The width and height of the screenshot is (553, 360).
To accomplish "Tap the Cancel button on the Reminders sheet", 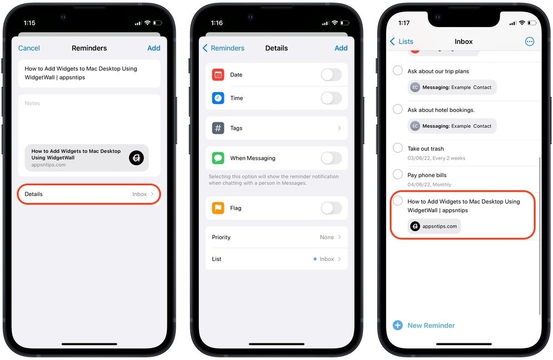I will [x=29, y=48].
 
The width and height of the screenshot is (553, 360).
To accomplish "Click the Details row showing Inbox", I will [x=89, y=194].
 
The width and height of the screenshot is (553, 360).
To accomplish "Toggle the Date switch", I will [x=331, y=75].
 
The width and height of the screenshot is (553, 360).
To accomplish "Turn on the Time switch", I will [x=331, y=98].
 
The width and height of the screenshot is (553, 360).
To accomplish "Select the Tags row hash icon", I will [x=218, y=128].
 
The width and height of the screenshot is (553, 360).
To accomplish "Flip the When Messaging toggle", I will [x=331, y=158].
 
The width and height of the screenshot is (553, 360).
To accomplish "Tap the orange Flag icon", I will [x=218, y=208].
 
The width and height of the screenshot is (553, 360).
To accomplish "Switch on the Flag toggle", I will [x=331, y=208].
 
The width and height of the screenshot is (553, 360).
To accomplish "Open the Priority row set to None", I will [x=276, y=237].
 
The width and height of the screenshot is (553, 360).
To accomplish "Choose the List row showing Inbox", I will [x=276, y=259].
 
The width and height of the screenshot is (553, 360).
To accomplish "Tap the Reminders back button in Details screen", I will [x=223, y=48].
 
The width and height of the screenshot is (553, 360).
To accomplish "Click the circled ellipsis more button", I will [x=529, y=42].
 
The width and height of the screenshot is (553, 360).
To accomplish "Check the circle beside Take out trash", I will [x=397, y=148].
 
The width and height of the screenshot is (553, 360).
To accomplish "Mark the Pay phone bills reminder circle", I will [x=397, y=174].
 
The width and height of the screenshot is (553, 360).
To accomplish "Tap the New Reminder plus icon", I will [x=397, y=325].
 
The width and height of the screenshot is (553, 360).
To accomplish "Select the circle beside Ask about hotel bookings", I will [x=397, y=109].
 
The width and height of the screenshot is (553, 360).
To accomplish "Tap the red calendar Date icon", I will [x=218, y=75].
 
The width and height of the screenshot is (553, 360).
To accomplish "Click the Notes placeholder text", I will [x=33, y=104].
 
